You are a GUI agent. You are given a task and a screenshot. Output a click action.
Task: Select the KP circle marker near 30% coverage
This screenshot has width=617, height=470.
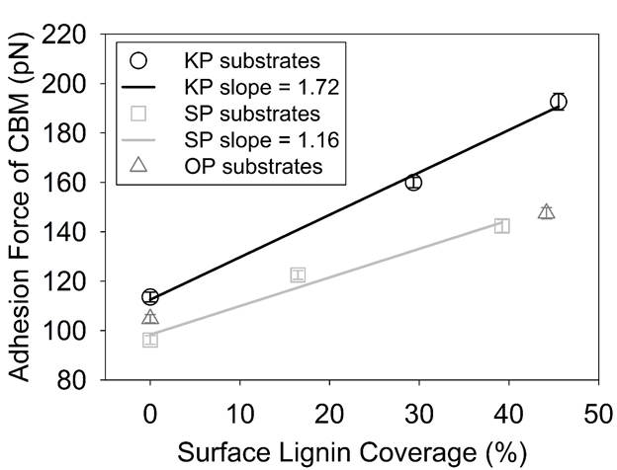pos(413,182)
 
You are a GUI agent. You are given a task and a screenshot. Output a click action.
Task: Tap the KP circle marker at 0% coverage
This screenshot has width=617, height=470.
pos(150,296)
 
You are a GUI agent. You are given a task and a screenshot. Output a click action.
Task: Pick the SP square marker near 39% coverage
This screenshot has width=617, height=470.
pos(502,226)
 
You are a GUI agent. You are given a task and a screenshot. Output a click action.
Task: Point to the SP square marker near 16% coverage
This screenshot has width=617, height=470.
pos(298,274)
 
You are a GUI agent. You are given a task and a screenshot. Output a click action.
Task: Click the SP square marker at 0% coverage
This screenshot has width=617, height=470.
pos(150,340)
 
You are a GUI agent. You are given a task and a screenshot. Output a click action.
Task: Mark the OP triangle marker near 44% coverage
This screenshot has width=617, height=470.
pos(546,211)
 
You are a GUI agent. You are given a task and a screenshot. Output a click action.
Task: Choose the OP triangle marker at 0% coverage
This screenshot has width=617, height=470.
pos(150,317)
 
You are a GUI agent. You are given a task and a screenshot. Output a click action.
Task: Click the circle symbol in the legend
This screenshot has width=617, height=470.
pos(140,60)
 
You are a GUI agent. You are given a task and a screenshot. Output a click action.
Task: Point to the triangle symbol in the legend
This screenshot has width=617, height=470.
pos(140,166)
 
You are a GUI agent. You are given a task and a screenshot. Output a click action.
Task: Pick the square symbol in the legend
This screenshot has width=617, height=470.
pos(140,114)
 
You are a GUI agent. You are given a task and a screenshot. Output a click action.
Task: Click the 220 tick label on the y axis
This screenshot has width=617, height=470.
pos(76,37)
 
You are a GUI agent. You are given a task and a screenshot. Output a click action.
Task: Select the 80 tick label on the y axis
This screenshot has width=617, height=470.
pos(83,380)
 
